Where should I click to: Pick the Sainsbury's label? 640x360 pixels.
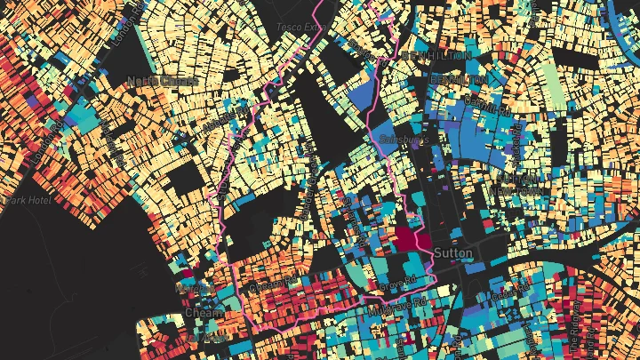tap(404, 140)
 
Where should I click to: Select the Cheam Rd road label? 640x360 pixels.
tap(271, 286)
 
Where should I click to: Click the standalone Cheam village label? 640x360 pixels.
tap(197, 313)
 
